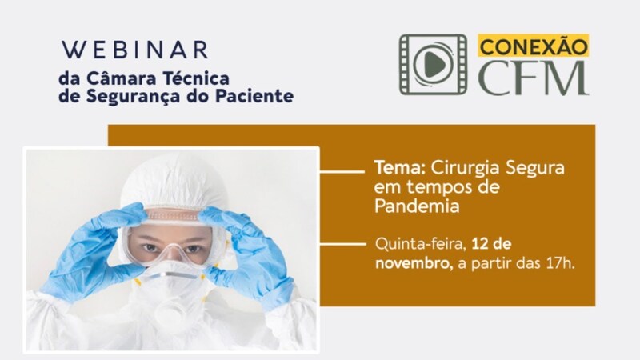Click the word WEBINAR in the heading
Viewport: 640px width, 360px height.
tap(135, 50)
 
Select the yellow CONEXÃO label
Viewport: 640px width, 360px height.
tap(534, 46)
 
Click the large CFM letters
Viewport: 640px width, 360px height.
tap(534, 78)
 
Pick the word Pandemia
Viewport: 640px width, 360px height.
tap(417, 206)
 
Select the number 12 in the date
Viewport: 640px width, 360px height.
tap(479, 244)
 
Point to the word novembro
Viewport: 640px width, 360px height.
tap(413, 263)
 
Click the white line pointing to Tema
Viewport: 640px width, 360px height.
tap(342, 171)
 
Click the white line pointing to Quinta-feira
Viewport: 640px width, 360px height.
tap(342, 244)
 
